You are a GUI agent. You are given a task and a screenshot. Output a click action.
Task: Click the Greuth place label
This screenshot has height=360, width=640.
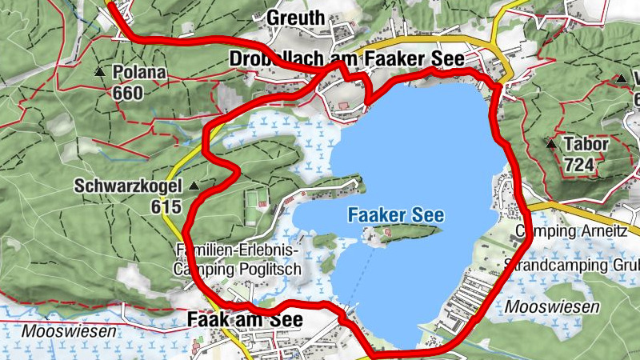click(x=296, y=18)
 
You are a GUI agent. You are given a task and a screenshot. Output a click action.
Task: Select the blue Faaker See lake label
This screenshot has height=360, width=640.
click(x=395, y=215)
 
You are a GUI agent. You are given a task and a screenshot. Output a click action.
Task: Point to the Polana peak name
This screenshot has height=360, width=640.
click(x=139, y=73)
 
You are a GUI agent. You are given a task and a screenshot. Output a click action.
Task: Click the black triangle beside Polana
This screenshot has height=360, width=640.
click(x=100, y=72)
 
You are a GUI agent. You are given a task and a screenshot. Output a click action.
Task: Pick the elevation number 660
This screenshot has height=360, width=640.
click(x=127, y=93)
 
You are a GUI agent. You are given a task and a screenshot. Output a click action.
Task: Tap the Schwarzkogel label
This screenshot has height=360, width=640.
click(x=129, y=186)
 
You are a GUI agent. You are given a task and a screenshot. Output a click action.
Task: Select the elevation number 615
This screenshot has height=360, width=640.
click(x=164, y=206)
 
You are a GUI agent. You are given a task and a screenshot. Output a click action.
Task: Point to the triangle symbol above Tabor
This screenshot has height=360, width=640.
click(x=550, y=145)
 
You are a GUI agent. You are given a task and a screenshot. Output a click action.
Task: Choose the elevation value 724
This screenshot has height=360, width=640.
click(x=578, y=165)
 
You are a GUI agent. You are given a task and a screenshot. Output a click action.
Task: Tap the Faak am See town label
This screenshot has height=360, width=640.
click(x=245, y=320)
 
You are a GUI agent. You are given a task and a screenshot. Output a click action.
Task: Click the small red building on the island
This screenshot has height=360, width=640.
click(x=387, y=233)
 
